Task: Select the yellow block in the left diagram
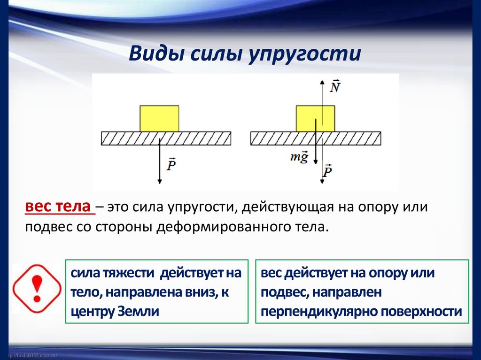[x=159, y=118]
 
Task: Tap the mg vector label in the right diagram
[x=300, y=157]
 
